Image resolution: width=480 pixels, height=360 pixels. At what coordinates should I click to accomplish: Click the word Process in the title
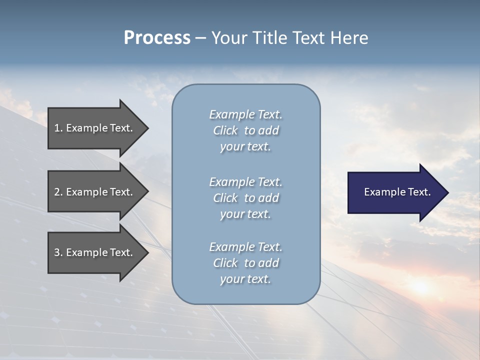point(157,38)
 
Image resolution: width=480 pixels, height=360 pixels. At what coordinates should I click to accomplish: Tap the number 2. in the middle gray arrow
point(58,192)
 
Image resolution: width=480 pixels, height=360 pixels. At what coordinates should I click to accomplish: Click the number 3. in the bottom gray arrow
point(58,252)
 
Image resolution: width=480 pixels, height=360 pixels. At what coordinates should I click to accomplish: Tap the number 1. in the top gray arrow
point(58,128)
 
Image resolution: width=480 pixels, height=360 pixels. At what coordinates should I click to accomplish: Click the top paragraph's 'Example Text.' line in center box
point(245,114)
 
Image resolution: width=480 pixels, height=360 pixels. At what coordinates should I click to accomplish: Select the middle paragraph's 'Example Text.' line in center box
point(245,182)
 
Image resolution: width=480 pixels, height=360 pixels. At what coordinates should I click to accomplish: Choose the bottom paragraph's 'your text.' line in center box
point(245,279)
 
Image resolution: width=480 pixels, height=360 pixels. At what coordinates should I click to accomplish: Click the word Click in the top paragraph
point(225,130)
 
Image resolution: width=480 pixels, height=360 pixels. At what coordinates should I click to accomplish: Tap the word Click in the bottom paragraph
point(225,263)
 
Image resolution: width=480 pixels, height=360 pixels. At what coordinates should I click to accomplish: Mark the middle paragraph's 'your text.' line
point(245,214)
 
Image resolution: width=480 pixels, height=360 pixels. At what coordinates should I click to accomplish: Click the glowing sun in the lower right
point(420,286)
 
